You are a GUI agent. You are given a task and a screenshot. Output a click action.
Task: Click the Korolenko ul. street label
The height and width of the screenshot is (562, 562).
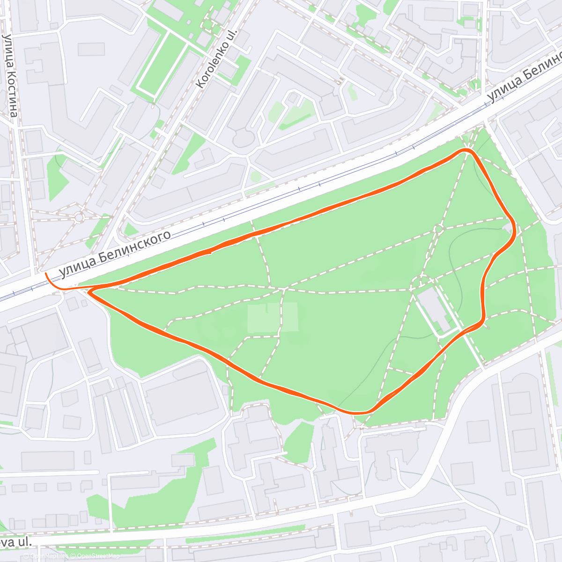(x=217, y=59)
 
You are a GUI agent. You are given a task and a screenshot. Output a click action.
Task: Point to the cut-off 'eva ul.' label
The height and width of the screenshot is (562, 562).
(x=17, y=542)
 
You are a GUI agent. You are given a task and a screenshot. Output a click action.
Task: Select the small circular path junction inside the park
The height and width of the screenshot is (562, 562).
(x=439, y=229)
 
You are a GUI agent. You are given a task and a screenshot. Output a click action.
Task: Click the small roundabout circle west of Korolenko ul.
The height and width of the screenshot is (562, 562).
(x=79, y=217)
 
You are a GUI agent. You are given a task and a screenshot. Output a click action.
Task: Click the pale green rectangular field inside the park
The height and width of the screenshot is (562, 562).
(x=272, y=318)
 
